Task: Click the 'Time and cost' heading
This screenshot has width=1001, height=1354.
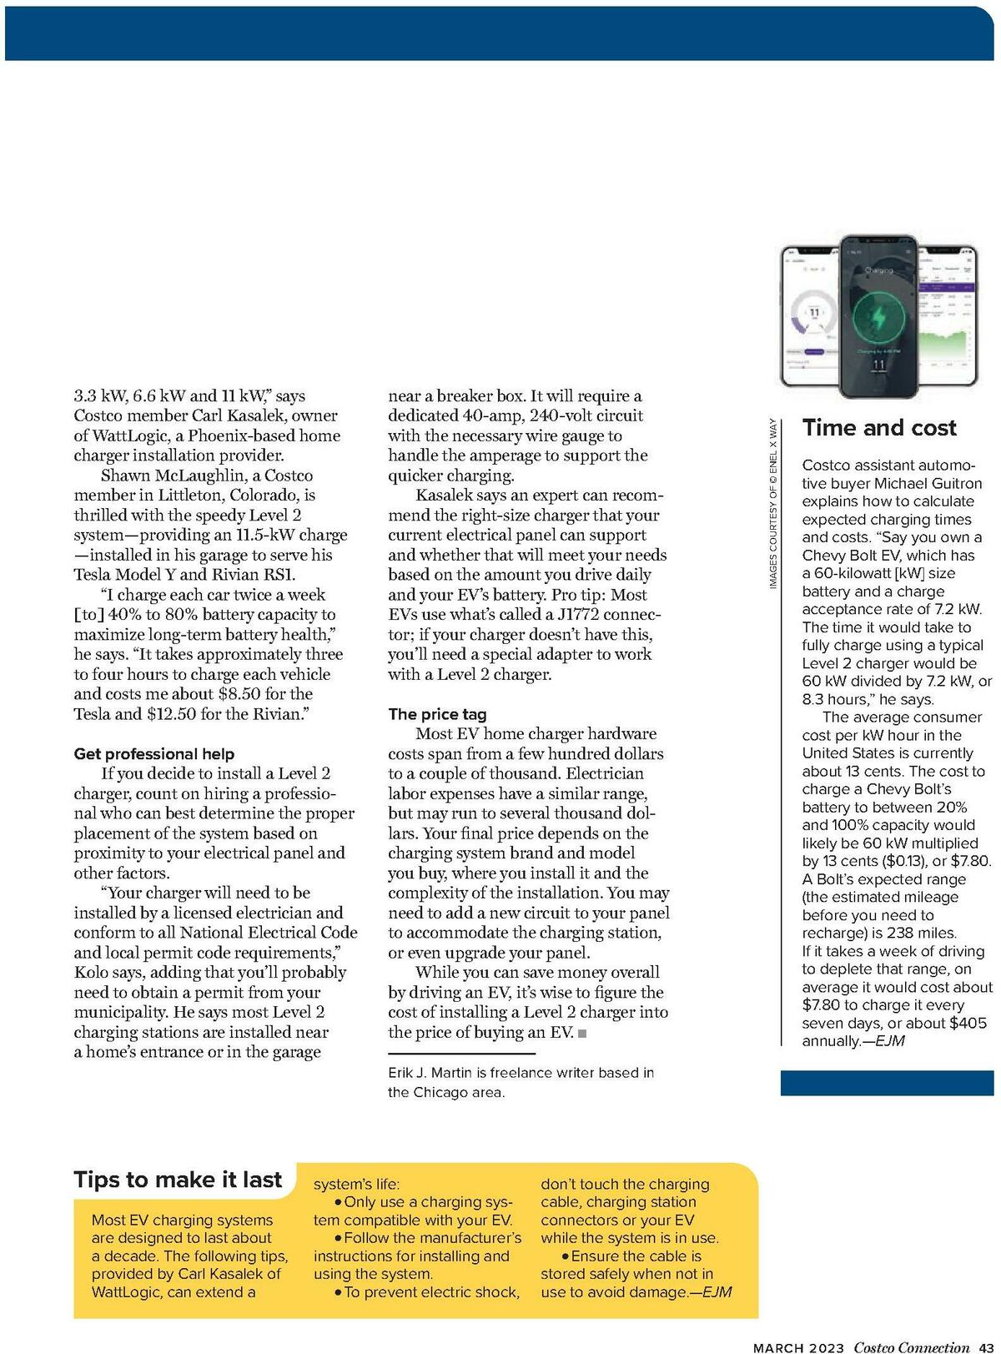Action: click(879, 428)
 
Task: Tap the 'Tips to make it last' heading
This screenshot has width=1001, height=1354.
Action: click(178, 1180)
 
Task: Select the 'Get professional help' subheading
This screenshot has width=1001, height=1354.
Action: click(154, 753)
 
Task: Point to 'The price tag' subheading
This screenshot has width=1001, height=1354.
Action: click(437, 714)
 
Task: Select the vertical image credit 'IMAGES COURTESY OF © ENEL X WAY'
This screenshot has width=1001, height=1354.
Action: click(773, 505)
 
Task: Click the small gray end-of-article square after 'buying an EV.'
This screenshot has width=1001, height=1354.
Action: click(581, 1034)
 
